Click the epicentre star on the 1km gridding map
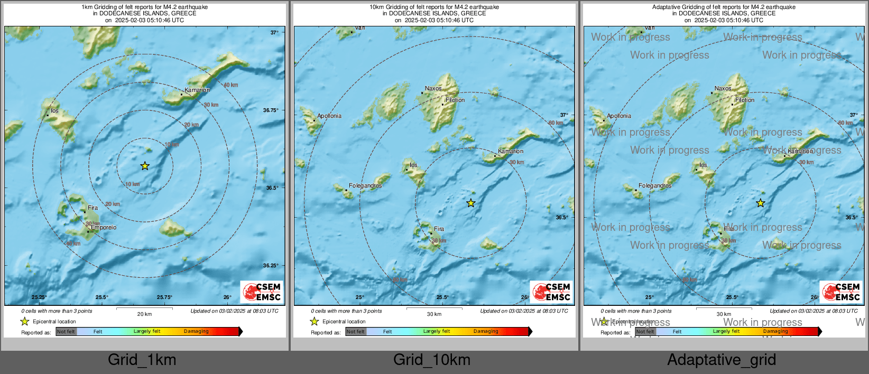[x=145, y=166]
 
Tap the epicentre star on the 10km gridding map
[x=471, y=203]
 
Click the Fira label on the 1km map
[x=93, y=208]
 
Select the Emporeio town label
[x=104, y=227]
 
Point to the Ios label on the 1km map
[x=55, y=111]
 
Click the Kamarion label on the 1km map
[x=197, y=90]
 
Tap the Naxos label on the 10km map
[x=433, y=88]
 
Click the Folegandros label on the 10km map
[x=365, y=185]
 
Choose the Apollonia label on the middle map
[x=329, y=116]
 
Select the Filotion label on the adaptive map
[x=745, y=100]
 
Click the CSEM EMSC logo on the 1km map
[x=262, y=292]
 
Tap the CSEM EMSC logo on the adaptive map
[x=842, y=292]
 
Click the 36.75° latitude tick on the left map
[x=271, y=110]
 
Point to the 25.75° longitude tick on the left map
[x=164, y=297]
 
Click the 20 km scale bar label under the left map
[x=144, y=314]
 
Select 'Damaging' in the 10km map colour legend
[x=486, y=331]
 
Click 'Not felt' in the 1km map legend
[x=66, y=331]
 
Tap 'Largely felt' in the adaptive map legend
[x=726, y=331]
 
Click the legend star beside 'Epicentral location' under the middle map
[x=315, y=321]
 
